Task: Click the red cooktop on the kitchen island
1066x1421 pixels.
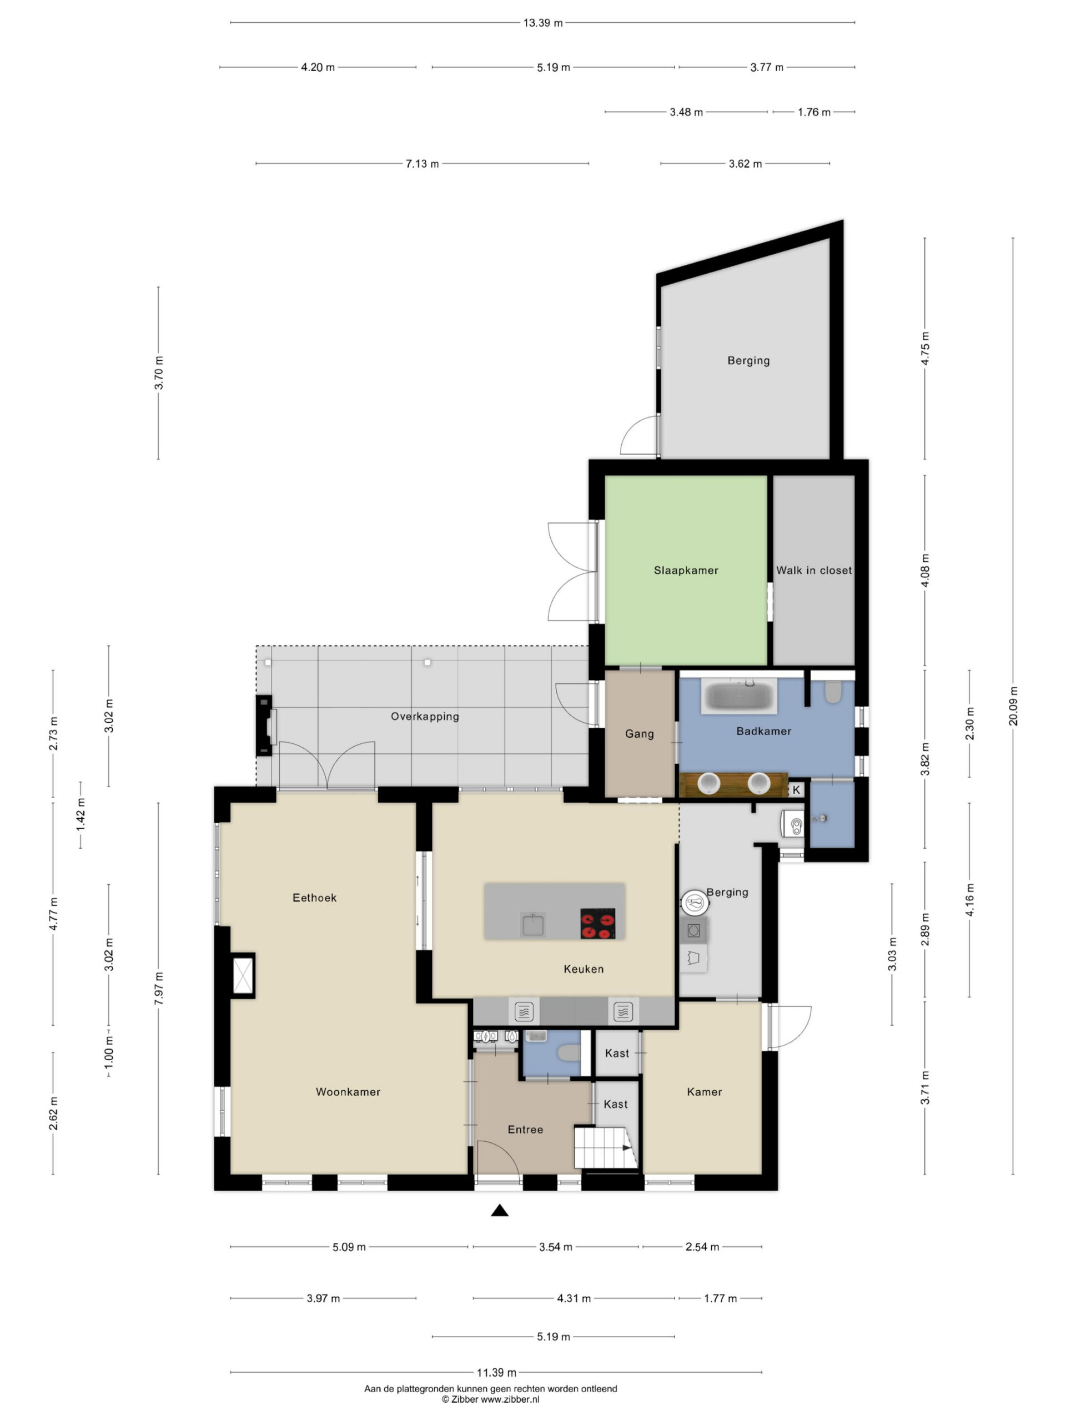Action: (x=597, y=923)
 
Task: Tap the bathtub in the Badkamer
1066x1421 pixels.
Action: (x=738, y=696)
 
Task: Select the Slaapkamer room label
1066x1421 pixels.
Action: (x=686, y=570)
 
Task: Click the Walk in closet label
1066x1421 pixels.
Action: (x=813, y=570)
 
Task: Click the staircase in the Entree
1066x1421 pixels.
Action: (x=605, y=1146)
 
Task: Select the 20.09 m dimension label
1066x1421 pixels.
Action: (x=1013, y=706)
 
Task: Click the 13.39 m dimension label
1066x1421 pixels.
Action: (x=542, y=23)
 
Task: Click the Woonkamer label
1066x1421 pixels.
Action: (x=348, y=1091)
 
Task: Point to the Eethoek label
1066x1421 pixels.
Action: (x=314, y=898)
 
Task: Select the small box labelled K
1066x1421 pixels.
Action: (x=796, y=789)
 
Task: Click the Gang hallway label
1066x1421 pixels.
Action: (x=640, y=734)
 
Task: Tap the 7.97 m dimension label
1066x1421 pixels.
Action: (x=159, y=989)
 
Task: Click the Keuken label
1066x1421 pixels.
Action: (x=584, y=969)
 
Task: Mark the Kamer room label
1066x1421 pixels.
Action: (x=704, y=1091)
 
